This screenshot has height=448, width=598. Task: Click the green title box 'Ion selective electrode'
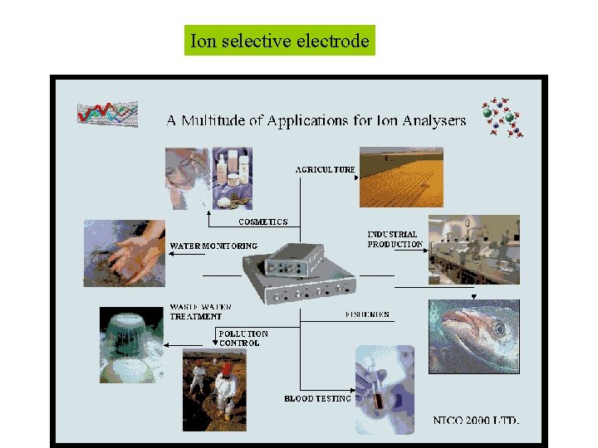pyautogui.click(x=280, y=41)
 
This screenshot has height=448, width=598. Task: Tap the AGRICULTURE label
pyautogui.click(x=326, y=169)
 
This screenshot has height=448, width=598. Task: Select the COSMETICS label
pyautogui.click(x=263, y=222)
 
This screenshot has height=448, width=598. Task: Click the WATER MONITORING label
pyautogui.click(x=213, y=246)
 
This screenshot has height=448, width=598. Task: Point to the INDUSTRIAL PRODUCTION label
pyautogui.click(x=395, y=239)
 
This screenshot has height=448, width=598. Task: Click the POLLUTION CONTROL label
pyautogui.click(x=243, y=338)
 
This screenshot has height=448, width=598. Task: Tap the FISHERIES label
pyautogui.click(x=367, y=314)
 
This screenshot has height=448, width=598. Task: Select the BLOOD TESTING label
pyautogui.click(x=317, y=398)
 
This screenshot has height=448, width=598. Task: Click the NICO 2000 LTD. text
pyautogui.click(x=476, y=420)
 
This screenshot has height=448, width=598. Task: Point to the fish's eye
pyautogui.click(x=499, y=329)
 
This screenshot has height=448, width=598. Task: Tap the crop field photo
pyautogui.click(x=401, y=177)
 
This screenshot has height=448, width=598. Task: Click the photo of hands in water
pyautogui.click(x=125, y=253)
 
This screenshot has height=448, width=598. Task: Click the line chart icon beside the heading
pyautogui.click(x=107, y=112)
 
